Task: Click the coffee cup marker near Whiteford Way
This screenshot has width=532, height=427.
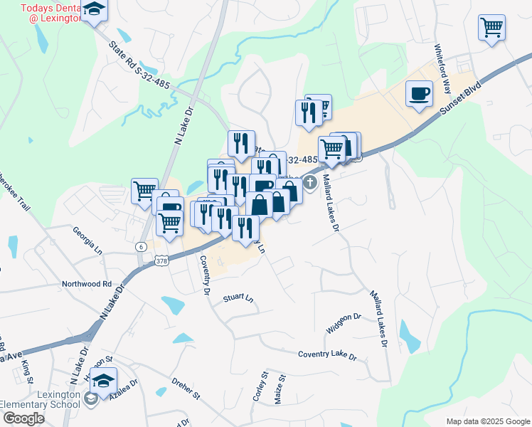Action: pyautogui.click(x=420, y=94)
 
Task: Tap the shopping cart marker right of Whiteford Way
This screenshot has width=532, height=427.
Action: pyautogui.click(x=492, y=28)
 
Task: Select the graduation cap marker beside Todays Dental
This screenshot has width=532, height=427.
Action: pyautogui.click(x=93, y=10)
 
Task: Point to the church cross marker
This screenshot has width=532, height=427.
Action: pyautogui.click(x=310, y=183)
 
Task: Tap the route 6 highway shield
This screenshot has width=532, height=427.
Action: pyautogui.click(x=142, y=246)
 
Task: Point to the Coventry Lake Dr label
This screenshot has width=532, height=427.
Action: pyautogui.click(x=327, y=354)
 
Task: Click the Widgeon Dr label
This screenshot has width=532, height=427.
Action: pyautogui.click(x=344, y=322)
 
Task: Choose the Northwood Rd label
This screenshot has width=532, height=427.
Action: pyautogui.click(x=87, y=283)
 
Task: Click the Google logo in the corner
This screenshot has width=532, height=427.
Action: pyautogui.click(x=23, y=418)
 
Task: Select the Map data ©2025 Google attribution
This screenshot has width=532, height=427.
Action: pyautogui.click(x=487, y=421)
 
